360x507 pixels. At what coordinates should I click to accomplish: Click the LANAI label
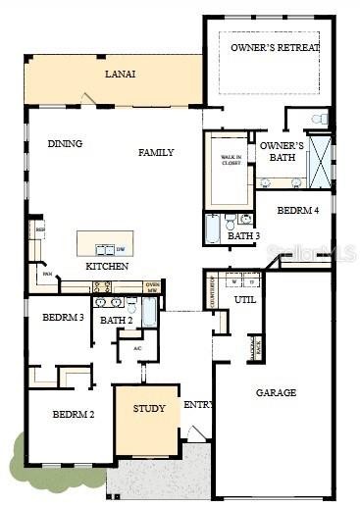click(x=121, y=75)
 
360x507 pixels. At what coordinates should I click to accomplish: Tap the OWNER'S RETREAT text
click(x=275, y=47)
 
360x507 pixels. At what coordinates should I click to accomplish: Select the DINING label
click(x=65, y=144)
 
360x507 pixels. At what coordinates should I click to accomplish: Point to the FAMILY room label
click(x=156, y=152)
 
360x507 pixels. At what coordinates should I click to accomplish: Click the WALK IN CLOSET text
click(x=231, y=161)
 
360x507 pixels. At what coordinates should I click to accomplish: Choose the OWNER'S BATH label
click(x=282, y=151)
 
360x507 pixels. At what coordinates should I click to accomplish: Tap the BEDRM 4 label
click(x=297, y=210)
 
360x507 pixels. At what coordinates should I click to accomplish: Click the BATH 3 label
click(x=243, y=236)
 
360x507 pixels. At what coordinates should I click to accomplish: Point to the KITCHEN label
click(x=107, y=267)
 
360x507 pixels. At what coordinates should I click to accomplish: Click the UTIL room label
click(x=245, y=299)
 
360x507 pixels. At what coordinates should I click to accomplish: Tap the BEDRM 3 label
click(x=62, y=318)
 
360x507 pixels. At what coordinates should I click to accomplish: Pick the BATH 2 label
click(x=116, y=321)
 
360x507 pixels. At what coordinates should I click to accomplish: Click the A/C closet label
click(x=137, y=348)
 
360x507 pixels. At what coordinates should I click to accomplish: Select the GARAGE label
click(x=276, y=392)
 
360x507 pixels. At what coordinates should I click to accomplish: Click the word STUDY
click(x=149, y=409)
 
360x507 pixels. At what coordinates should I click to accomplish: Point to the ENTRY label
click(x=198, y=404)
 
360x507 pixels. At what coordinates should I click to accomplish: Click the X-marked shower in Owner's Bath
click(x=320, y=162)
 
